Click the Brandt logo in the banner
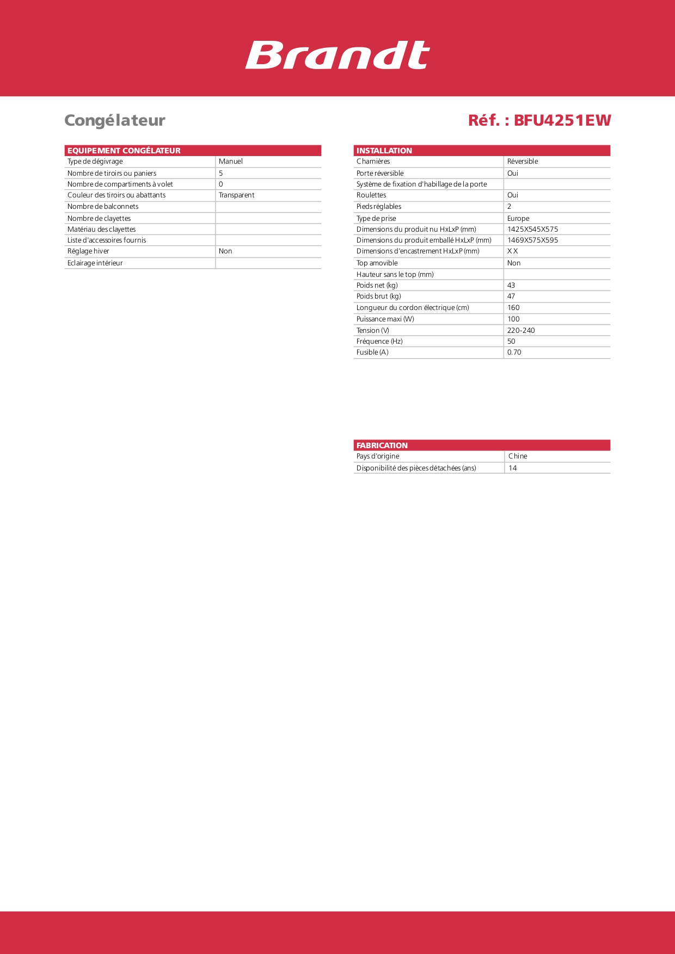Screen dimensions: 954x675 pos(337,55)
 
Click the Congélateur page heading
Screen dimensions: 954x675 pos(115,120)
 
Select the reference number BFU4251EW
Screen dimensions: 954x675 pos(562,120)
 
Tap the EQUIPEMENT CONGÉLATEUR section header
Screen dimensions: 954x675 pos(124,151)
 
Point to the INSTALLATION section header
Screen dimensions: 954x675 pos(384,151)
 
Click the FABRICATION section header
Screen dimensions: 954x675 pos(382,445)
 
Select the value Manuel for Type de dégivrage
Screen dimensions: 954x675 pos(231,162)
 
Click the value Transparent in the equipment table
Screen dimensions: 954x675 pos(237,195)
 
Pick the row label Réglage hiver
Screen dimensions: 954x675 pos(88,251)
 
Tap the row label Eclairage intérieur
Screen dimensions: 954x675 pos(95,263)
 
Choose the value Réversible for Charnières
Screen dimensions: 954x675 pos(523,162)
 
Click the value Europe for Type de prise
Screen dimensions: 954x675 pos(518,219)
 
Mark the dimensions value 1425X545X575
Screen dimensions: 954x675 pos(532,230)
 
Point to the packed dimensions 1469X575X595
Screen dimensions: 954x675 pos(532,240)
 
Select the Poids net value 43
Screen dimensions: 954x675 pos(511,286)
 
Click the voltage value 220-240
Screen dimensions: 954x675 pos(521,331)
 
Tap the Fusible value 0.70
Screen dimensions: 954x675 pos(514,352)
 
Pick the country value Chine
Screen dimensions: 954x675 pos(518,456)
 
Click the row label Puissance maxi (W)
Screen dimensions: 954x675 pos(385,319)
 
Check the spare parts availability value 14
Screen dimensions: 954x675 pos(513,468)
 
